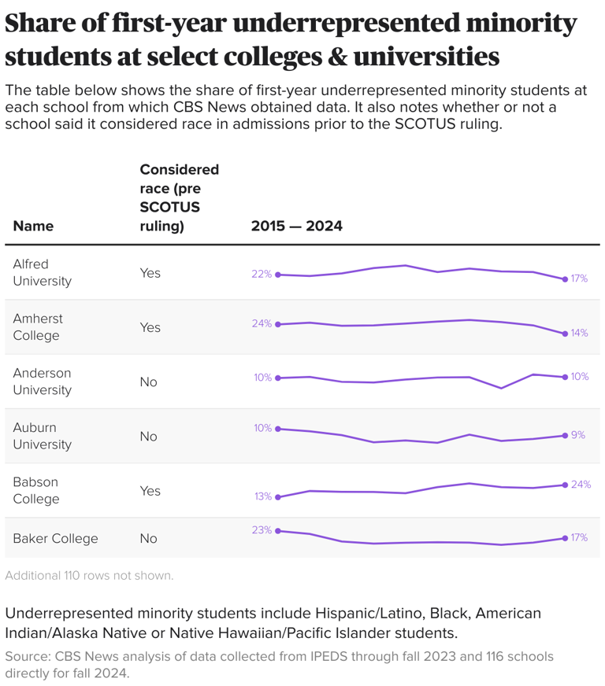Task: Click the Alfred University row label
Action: click(x=42, y=272)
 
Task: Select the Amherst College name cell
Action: click(x=38, y=326)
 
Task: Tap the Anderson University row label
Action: click(x=42, y=382)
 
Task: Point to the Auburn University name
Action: click(x=42, y=436)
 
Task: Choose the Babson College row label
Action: click(x=35, y=490)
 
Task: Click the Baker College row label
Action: click(x=55, y=538)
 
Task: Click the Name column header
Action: click(x=33, y=226)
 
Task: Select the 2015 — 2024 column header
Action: click(x=296, y=226)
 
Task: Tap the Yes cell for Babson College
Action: click(x=150, y=491)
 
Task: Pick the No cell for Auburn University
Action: click(x=148, y=437)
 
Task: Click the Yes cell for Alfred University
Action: click(x=150, y=273)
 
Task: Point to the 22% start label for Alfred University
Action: click(x=262, y=274)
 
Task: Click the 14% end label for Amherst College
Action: click(x=579, y=333)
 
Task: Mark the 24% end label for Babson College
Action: click(x=581, y=484)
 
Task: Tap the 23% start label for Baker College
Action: click(x=262, y=530)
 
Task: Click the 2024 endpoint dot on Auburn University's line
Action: click(x=565, y=435)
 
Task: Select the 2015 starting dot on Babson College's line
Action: click(x=277, y=497)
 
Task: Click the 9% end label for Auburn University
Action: click(x=577, y=434)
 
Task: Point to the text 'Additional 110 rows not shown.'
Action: click(x=89, y=575)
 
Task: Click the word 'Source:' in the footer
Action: click(x=26, y=656)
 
